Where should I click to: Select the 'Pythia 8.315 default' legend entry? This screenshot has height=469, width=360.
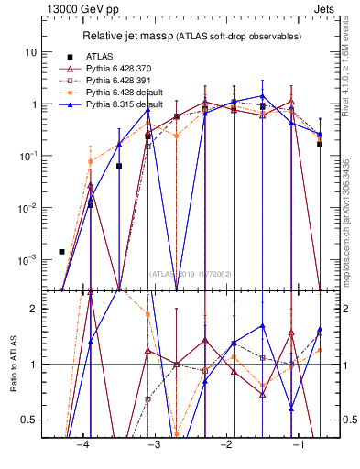coord(128,104)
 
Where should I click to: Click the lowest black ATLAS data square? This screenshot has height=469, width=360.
coord(62,251)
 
